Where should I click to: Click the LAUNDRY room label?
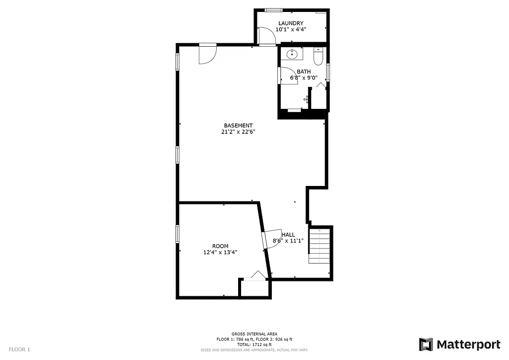[x=291, y=23]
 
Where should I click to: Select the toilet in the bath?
[x=318, y=55]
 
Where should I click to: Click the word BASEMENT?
[x=238, y=125]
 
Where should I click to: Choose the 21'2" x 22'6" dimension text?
[x=238, y=132]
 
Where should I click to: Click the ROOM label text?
[x=220, y=246]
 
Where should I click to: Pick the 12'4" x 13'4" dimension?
[x=220, y=252]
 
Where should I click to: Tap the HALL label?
[x=288, y=235]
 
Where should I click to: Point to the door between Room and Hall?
[x=271, y=239]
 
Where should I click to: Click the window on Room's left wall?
[x=177, y=234]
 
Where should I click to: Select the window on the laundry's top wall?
[x=273, y=10]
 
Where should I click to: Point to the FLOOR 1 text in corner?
[x=19, y=350]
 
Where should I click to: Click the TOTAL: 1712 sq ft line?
[x=254, y=345]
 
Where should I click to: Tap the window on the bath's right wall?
[x=328, y=72]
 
